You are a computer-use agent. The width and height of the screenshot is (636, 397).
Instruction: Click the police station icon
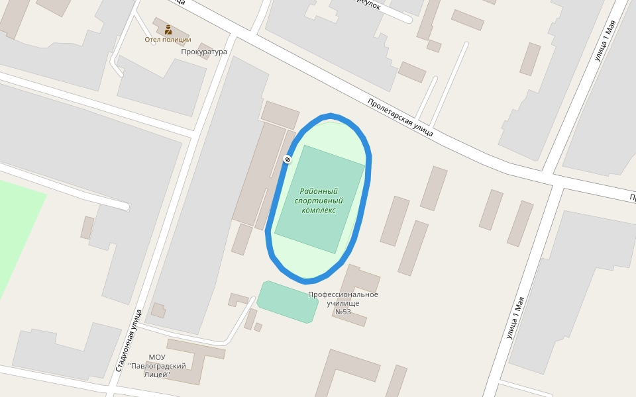(168, 29)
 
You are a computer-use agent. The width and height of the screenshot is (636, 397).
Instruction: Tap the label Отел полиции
(168, 40)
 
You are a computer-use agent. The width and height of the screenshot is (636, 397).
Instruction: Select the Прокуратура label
(204, 52)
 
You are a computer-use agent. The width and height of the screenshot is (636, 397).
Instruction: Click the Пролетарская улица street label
(400, 117)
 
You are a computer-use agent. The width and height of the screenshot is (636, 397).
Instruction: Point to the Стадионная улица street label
(129, 340)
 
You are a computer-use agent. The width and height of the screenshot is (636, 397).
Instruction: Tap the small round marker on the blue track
(287, 159)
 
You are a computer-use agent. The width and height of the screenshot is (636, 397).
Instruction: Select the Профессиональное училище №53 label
(343, 303)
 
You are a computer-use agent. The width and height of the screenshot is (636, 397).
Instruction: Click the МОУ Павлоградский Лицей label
(157, 366)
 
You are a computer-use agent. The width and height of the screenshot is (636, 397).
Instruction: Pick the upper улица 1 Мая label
(605, 40)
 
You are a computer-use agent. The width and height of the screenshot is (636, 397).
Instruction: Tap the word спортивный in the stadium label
(319, 200)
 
